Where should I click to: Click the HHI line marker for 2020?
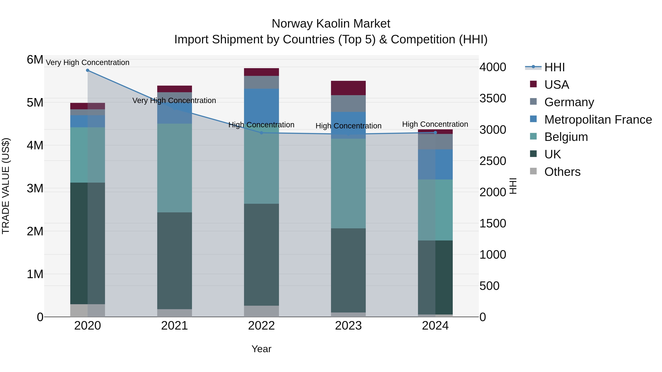[x=88, y=70]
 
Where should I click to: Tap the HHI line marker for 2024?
[x=435, y=132]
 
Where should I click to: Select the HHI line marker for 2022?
[x=261, y=133]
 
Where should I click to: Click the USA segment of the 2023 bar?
[x=348, y=88]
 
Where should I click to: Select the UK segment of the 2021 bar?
[x=175, y=260]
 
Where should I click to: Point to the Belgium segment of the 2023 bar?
[x=348, y=184]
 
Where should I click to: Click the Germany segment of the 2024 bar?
[x=435, y=142]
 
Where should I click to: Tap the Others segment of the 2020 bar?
[x=88, y=310]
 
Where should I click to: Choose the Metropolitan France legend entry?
[x=598, y=120]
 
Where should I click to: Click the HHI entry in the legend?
[x=554, y=67]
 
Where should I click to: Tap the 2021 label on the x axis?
[x=175, y=326]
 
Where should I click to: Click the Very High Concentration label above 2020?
[x=88, y=62]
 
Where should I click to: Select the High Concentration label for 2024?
[x=435, y=124]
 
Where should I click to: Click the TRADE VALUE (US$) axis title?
[x=6, y=186]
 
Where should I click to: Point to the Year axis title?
[x=261, y=349]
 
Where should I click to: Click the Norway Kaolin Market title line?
[x=331, y=24]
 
